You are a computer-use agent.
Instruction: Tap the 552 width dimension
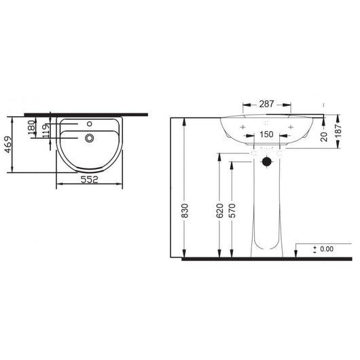coord(90,181)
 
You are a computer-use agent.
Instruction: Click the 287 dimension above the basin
coord(266,105)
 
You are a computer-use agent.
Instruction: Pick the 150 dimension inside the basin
coord(266,134)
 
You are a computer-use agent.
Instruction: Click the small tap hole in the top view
coord(90,126)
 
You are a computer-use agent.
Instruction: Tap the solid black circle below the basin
coord(266,162)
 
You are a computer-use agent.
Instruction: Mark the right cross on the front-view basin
coord(291,127)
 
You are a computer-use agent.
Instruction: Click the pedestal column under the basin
coord(266,211)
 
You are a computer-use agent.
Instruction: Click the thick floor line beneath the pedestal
coord(265,259)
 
